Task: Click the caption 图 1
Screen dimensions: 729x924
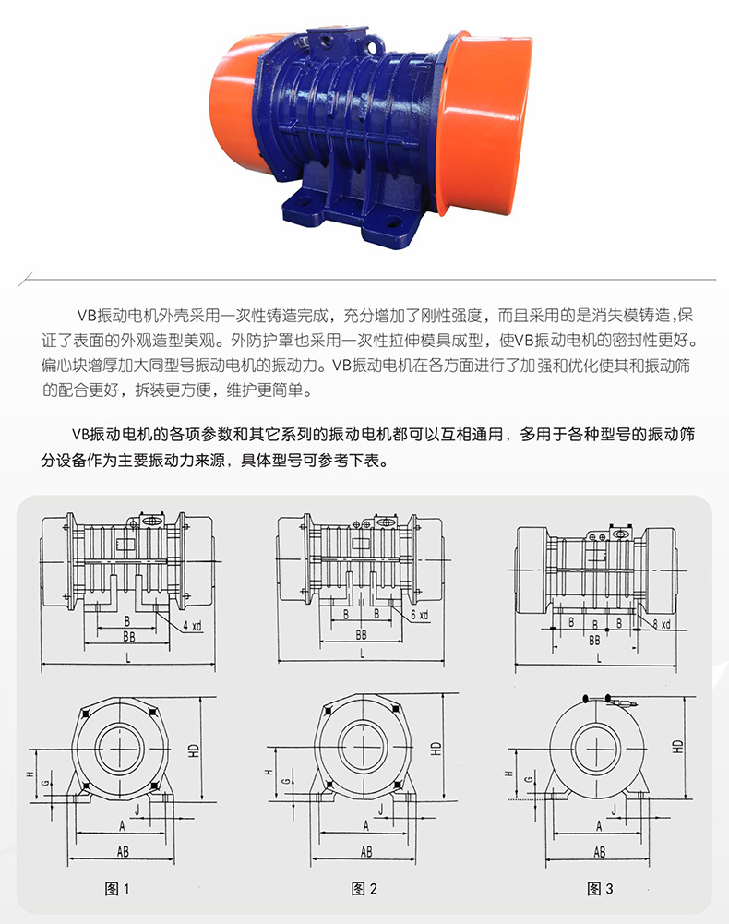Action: click(x=116, y=889)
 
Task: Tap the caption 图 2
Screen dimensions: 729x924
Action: click(x=364, y=889)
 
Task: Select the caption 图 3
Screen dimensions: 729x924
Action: click(x=600, y=889)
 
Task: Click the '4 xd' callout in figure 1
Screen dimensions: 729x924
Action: click(x=192, y=626)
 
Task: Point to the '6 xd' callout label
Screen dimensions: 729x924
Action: click(x=420, y=615)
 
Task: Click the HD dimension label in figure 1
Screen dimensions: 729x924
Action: click(x=194, y=750)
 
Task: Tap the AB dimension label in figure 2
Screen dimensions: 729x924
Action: click(x=366, y=851)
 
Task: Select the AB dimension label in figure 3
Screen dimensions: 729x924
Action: click(x=599, y=851)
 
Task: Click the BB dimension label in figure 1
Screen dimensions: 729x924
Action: click(x=128, y=637)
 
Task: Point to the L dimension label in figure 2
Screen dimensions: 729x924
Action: click(x=362, y=654)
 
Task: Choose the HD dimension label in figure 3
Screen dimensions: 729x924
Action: click(x=677, y=747)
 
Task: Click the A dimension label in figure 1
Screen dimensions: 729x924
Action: click(x=122, y=826)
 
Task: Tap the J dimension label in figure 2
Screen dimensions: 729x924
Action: click(x=381, y=810)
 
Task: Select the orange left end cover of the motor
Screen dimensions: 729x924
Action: click(x=235, y=103)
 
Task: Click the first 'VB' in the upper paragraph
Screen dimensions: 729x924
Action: click(x=87, y=316)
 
